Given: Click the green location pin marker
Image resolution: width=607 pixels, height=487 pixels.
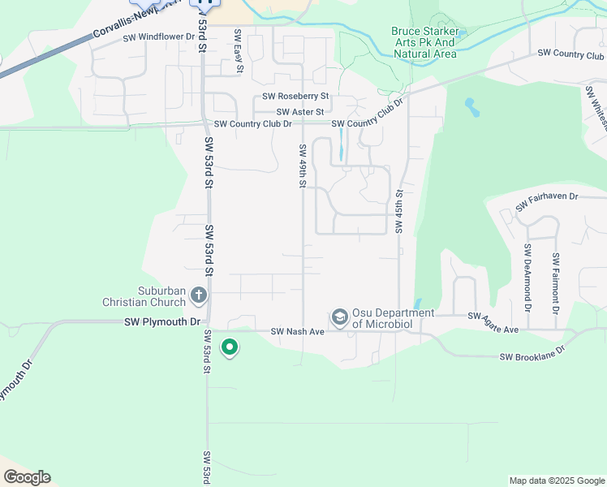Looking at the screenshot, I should coord(230,347).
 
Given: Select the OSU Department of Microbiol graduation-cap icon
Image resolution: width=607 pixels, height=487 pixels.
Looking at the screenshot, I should coord(339,316).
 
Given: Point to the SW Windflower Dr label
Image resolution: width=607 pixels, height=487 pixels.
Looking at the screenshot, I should coord(157,37).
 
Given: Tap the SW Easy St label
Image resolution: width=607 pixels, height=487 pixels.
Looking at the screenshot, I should coord(238,50).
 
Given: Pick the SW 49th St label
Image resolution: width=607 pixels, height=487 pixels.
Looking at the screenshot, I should coord(302,166).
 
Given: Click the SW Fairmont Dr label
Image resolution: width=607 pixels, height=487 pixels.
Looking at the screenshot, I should coord(555,283).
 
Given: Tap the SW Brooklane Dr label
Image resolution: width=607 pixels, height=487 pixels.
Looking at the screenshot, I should coord(531,356).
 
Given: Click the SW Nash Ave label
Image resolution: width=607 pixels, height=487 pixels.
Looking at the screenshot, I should coord(297,331).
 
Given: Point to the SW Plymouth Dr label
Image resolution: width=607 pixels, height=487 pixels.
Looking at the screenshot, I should coord(161,322).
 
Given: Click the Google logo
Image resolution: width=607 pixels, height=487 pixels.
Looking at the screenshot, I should coord(27,477).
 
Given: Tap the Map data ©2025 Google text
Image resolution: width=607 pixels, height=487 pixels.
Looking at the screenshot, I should coord(556,481).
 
